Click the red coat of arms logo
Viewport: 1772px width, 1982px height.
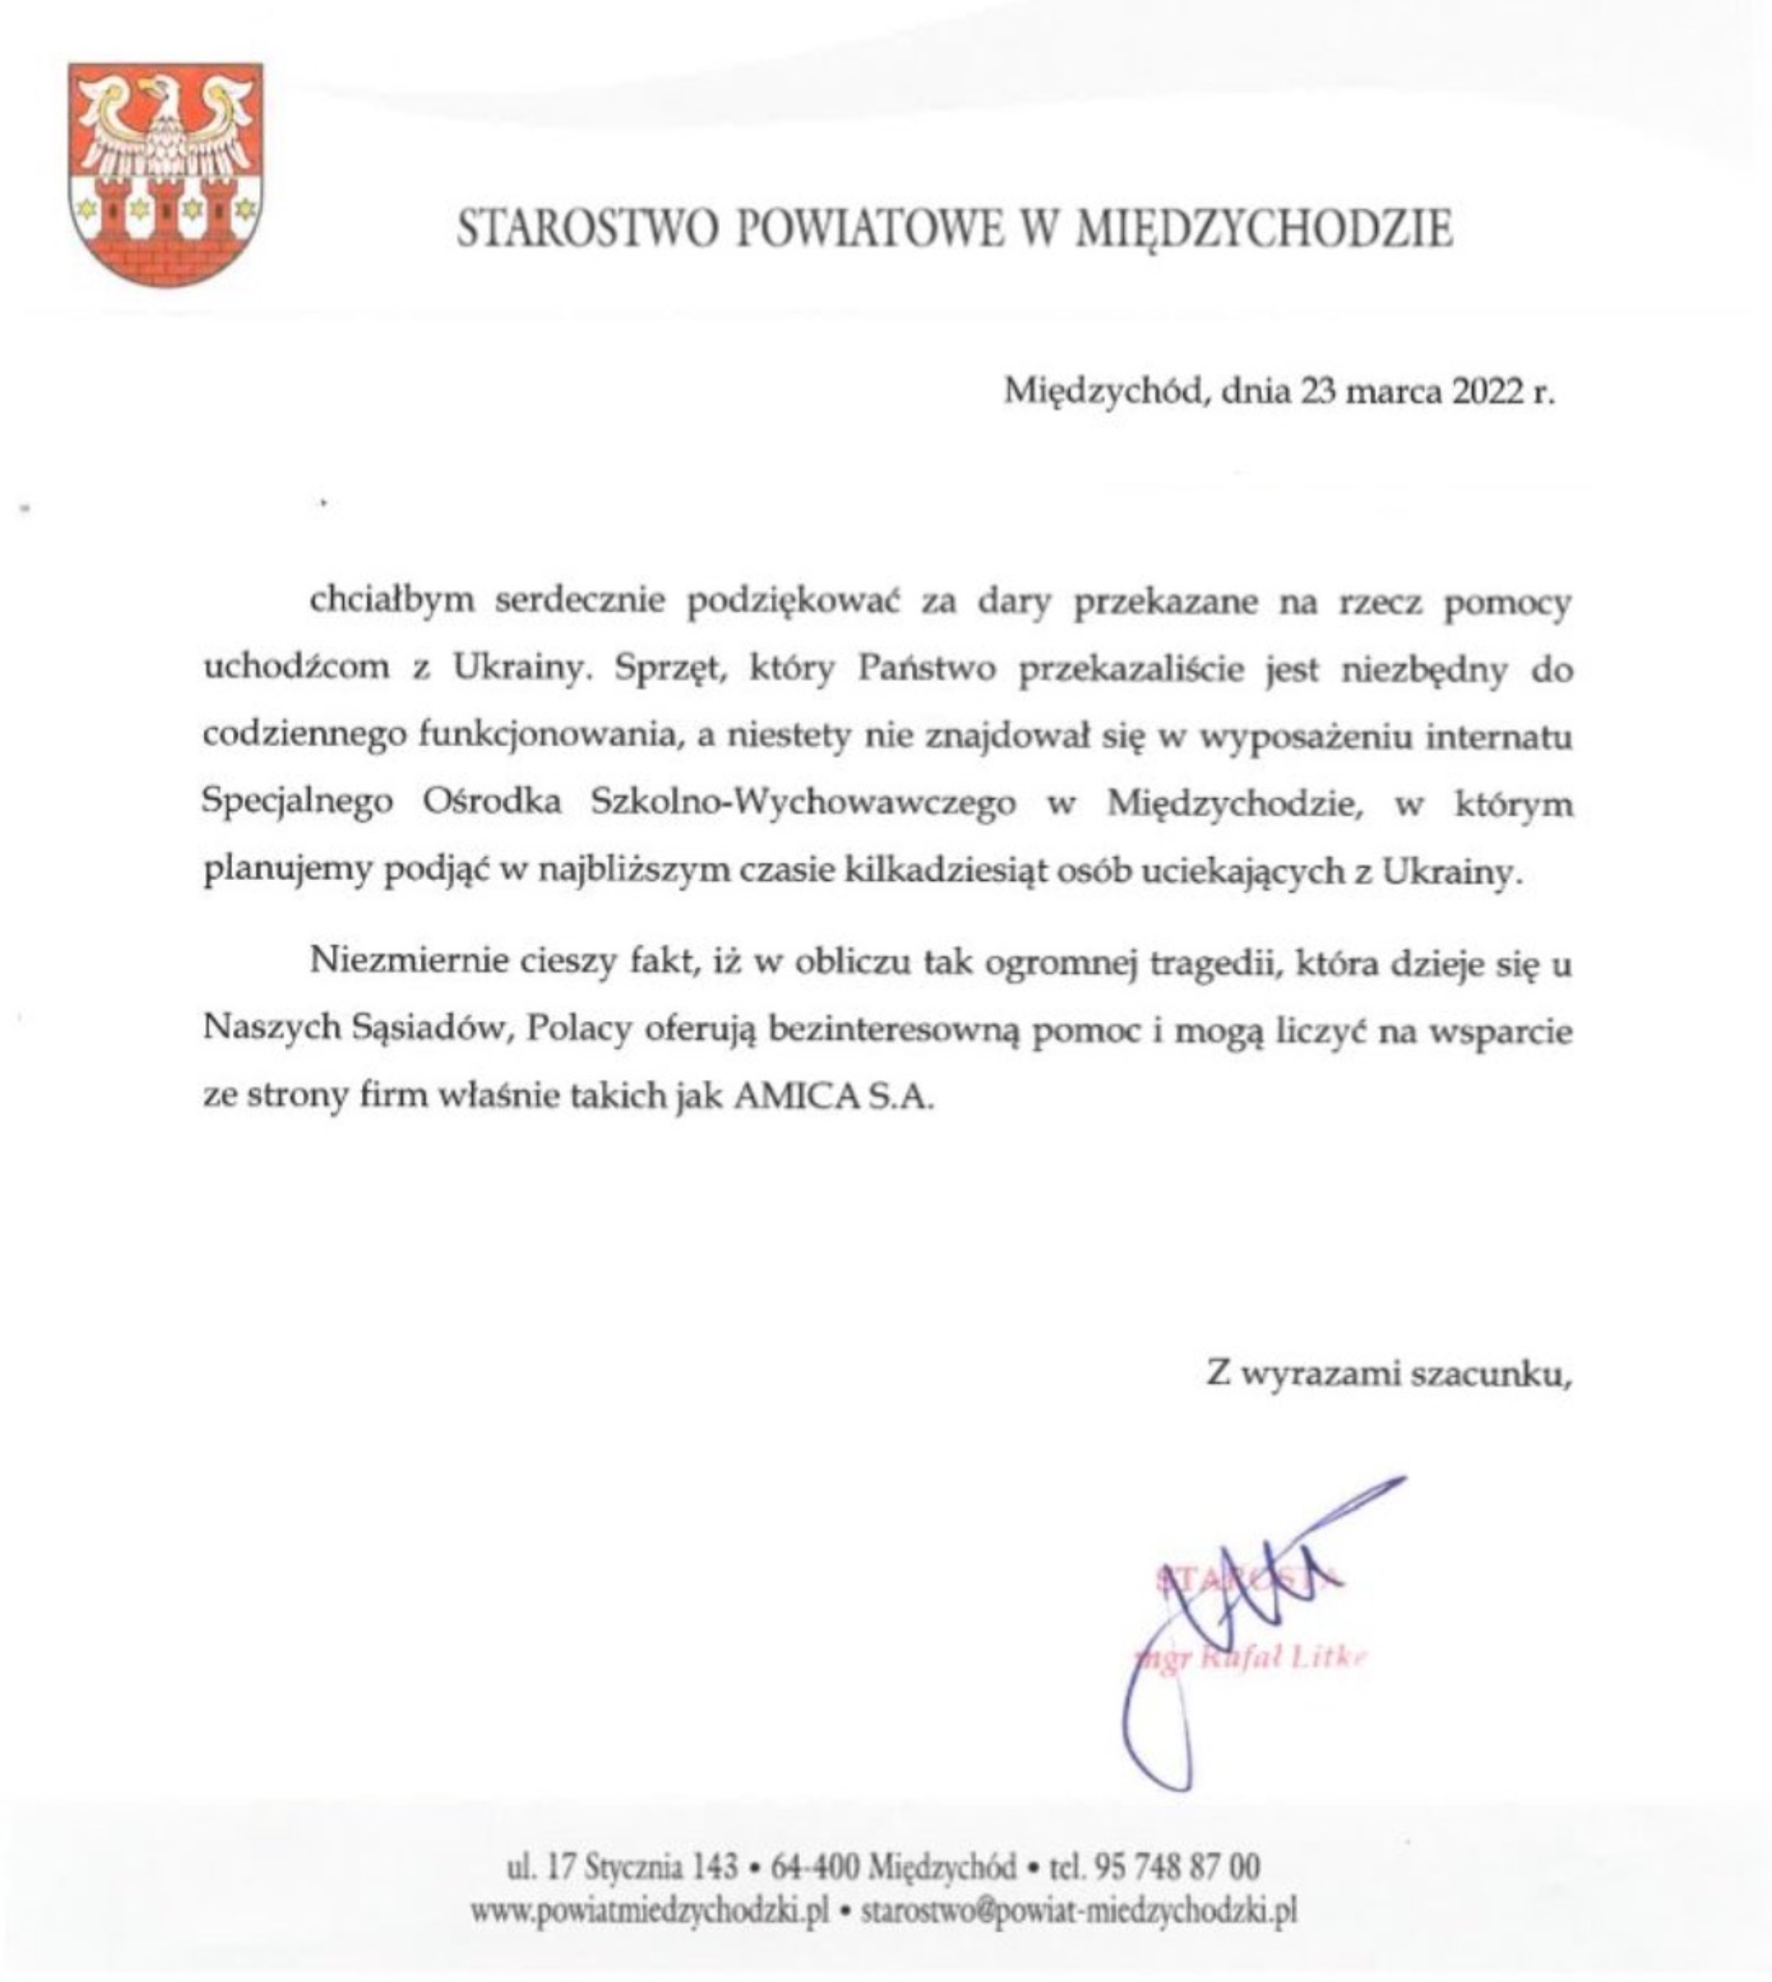(165, 174)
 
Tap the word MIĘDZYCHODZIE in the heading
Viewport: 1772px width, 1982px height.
(1267, 230)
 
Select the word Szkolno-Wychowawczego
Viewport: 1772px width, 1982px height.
(803, 804)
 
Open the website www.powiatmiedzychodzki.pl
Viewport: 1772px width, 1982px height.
(650, 1911)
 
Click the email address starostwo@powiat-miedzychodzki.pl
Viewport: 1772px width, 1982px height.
(1080, 1911)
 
